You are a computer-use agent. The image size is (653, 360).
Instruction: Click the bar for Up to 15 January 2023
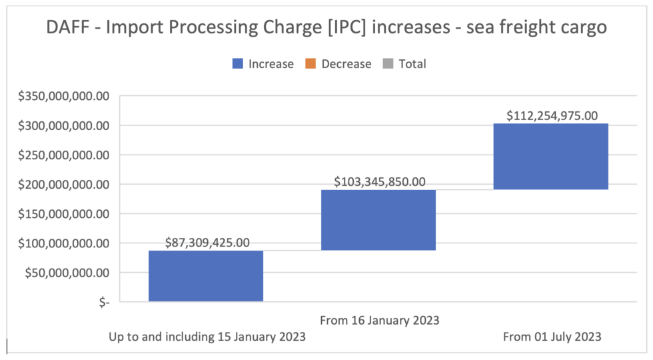click(206, 276)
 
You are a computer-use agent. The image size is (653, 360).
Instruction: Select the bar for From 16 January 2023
click(378, 220)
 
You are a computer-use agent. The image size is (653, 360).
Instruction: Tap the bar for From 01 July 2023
click(550, 157)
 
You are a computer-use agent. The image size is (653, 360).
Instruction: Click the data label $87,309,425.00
click(207, 242)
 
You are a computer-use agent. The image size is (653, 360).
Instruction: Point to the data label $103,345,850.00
click(379, 181)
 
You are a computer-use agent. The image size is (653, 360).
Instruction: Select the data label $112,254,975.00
click(552, 115)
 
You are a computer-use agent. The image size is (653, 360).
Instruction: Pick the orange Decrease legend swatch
click(311, 64)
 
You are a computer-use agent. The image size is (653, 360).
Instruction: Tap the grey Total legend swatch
click(388, 64)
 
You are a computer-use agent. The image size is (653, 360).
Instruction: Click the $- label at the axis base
click(103, 302)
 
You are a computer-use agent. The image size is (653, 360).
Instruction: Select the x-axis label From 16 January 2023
click(379, 320)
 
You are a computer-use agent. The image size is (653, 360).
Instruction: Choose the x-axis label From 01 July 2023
click(552, 337)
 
